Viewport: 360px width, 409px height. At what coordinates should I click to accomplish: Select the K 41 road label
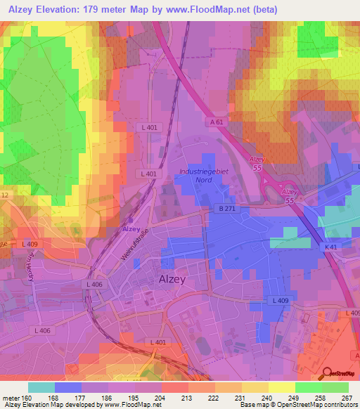point(333,247)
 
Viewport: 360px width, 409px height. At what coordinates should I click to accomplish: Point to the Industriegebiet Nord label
point(205,174)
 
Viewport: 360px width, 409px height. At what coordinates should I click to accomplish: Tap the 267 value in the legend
point(345,397)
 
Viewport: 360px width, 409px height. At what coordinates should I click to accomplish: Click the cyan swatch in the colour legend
point(41,387)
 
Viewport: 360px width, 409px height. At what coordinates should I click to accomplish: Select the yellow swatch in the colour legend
point(281,387)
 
